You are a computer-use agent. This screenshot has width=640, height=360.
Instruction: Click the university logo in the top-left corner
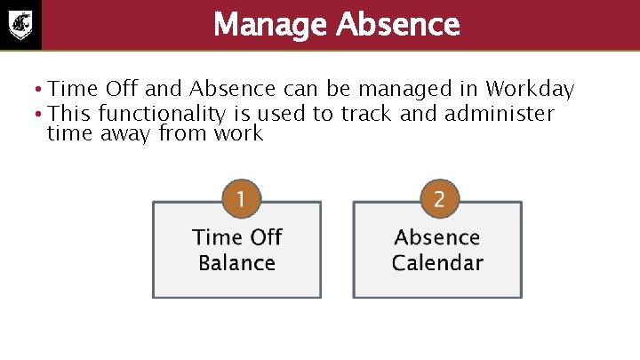(x=20, y=24)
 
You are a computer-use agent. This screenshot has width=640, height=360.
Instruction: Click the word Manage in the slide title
(x=270, y=24)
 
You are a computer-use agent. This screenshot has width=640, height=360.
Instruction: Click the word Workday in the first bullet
(x=531, y=90)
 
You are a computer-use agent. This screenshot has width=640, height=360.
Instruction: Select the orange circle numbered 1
(x=237, y=198)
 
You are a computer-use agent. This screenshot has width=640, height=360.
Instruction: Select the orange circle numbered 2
(x=438, y=198)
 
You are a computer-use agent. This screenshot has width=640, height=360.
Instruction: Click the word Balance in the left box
(x=236, y=263)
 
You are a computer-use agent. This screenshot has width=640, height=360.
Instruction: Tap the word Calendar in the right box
(x=437, y=263)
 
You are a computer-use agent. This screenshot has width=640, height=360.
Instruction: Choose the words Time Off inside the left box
(x=236, y=237)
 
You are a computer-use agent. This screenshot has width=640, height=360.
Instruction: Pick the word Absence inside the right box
(x=437, y=237)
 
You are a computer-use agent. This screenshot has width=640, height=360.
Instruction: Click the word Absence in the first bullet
(x=237, y=90)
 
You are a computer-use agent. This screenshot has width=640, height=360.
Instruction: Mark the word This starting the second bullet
(x=70, y=114)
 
